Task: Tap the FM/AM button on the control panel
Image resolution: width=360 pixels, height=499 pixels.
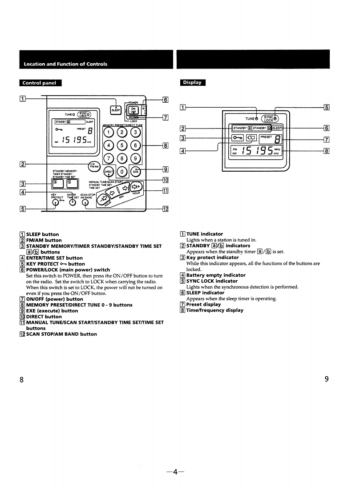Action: pyautogui.click(x=93, y=165)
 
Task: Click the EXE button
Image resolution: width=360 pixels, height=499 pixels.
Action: pyautogui.click(x=137, y=172)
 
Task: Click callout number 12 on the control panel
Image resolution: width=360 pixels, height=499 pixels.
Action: pyautogui.click(x=165, y=209)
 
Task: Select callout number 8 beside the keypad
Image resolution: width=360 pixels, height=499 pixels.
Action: pyautogui.click(x=165, y=145)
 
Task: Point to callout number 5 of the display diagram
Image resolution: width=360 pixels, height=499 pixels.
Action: pyautogui.click(x=327, y=107)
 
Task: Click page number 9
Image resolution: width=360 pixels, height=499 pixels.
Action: pyautogui.click(x=326, y=379)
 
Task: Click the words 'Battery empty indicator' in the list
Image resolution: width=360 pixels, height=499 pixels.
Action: pyautogui.click(x=215, y=275)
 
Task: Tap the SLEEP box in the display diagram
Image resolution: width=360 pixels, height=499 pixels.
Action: pyautogui.click(x=277, y=128)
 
